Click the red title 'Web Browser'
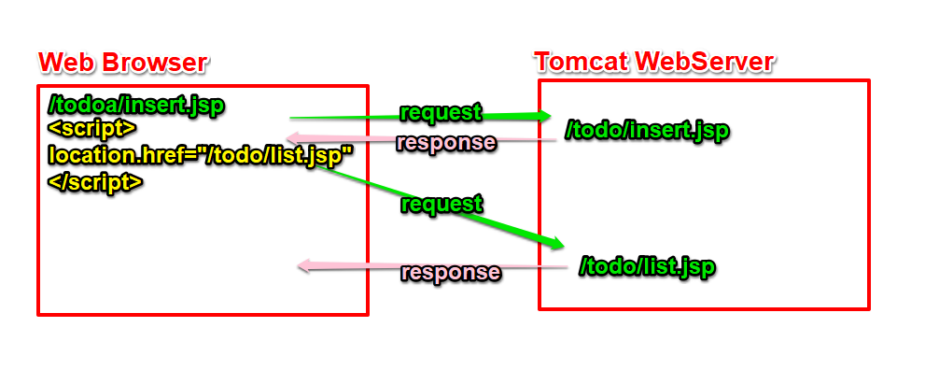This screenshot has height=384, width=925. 122,64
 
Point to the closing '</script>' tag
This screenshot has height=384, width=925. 95,182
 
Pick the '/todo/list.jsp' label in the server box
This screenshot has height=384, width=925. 648,267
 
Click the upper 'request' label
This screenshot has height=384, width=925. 441,113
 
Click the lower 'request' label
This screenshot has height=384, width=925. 441,204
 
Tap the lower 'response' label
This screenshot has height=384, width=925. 451,273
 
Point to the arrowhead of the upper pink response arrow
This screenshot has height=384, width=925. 293,139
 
